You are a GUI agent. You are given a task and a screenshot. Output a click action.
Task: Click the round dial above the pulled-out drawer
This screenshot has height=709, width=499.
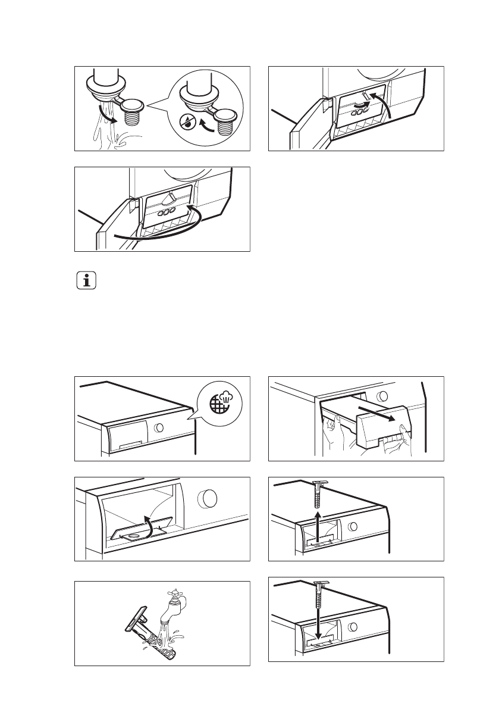coord(384,396)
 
